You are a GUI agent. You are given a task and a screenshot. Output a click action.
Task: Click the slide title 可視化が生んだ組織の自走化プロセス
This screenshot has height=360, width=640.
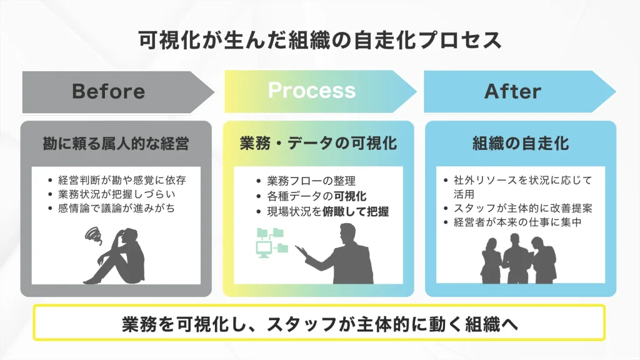click(319, 41)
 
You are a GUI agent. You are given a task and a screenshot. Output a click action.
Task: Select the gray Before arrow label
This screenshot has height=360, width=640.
click(109, 91)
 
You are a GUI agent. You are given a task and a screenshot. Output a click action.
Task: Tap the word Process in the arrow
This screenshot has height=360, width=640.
click(312, 91)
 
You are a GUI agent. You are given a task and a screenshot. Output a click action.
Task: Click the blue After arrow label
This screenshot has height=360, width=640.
click(512, 91)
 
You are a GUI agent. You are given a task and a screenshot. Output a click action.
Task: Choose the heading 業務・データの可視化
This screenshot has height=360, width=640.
click(318, 143)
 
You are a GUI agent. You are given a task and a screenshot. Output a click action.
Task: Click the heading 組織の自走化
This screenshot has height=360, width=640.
click(520, 143)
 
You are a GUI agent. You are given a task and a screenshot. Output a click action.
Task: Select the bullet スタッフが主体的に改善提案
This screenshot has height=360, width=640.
click(522, 207)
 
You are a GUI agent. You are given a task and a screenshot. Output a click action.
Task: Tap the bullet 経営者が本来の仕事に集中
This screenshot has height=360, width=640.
click(517, 222)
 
